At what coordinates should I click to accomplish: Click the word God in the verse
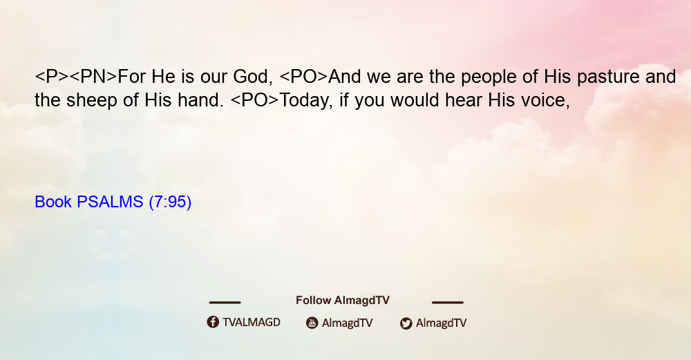tap(250, 77)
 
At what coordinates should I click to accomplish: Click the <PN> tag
tap(93, 77)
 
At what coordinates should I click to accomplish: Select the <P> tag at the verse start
tap(52, 77)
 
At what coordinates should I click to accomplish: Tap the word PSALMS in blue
tap(110, 202)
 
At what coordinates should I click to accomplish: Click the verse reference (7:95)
tap(170, 202)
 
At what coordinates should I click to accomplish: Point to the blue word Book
tap(53, 202)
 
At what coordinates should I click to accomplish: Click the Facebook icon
tap(213, 322)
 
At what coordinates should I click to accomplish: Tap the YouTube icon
tap(312, 323)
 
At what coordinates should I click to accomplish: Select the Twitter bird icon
tap(406, 323)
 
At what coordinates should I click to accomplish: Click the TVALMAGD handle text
tap(252, 323)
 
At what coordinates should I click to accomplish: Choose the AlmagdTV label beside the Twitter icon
tap(441, 323)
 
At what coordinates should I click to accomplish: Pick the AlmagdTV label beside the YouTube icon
tap(348, 323)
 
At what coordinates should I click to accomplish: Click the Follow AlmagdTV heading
tap(343, 301)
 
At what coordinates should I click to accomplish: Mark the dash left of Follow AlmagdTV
tap(225, 302)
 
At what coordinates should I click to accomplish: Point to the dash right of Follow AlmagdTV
tap(448, 302)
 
